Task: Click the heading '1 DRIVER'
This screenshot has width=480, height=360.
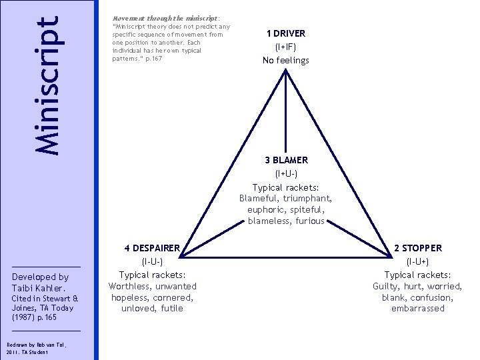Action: [x=285, y=33]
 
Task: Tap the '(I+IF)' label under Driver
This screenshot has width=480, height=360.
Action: [x=285, y=47]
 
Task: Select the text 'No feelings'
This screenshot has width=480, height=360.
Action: [x=285, y=61]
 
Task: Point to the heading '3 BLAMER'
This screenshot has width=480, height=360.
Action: [x=286, y=161]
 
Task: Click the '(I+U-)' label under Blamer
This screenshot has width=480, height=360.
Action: [x=286, y=174]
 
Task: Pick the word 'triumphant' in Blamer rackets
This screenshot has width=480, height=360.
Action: [x=308, y=198]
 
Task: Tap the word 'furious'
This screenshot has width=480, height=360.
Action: [x=310, y=221]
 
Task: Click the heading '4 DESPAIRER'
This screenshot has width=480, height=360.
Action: [x=152, y=248]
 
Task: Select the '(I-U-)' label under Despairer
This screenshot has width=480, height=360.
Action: [x=152, y=262]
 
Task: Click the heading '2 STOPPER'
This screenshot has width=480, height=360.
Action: [x=417, y=248]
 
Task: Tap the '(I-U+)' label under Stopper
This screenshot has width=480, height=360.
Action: [x=417, y=262]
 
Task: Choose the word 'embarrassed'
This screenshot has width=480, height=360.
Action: [x=417, y=309]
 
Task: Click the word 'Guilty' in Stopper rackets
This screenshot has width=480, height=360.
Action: [x=387, y=287]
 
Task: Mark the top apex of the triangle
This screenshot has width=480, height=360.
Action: [x=286, y=70]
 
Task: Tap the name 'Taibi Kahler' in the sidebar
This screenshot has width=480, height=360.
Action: [x=37, y=288]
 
